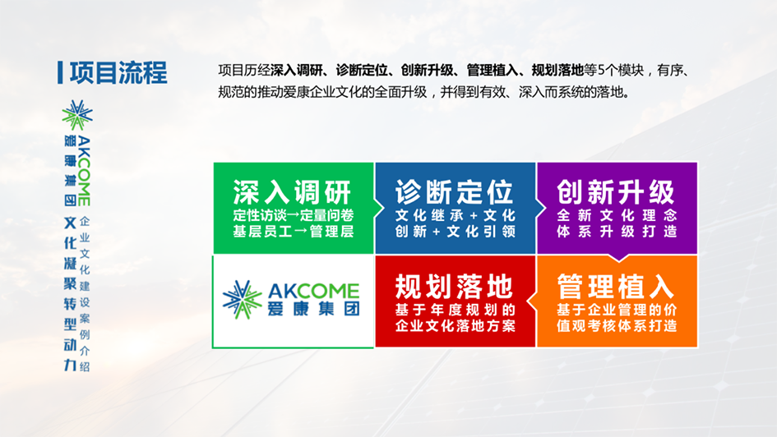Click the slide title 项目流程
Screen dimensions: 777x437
[118, 73]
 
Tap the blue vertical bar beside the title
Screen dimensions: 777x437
[60, 73]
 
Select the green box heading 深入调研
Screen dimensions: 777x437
[292, 192]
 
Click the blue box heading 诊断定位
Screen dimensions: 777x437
[454, 192]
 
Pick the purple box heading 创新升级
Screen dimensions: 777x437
[616, 192]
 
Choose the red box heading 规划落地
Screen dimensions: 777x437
[454, 287]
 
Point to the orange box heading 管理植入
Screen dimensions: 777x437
[616, 287]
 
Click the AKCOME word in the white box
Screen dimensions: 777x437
[313, 291]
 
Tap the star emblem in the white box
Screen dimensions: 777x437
[242, 300]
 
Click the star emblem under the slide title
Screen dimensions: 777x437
[77, 115]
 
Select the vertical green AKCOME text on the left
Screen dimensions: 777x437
[84, 171]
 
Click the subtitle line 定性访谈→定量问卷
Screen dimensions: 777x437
[294, 215]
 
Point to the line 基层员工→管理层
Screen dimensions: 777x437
[294, 231]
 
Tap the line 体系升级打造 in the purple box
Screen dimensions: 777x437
[617, 231]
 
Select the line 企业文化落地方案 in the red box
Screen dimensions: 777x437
[456, 325]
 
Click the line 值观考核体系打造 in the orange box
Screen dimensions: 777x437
[617, 325]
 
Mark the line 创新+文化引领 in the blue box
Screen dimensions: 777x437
[456, 231]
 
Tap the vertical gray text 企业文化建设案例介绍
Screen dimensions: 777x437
[85, 294]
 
